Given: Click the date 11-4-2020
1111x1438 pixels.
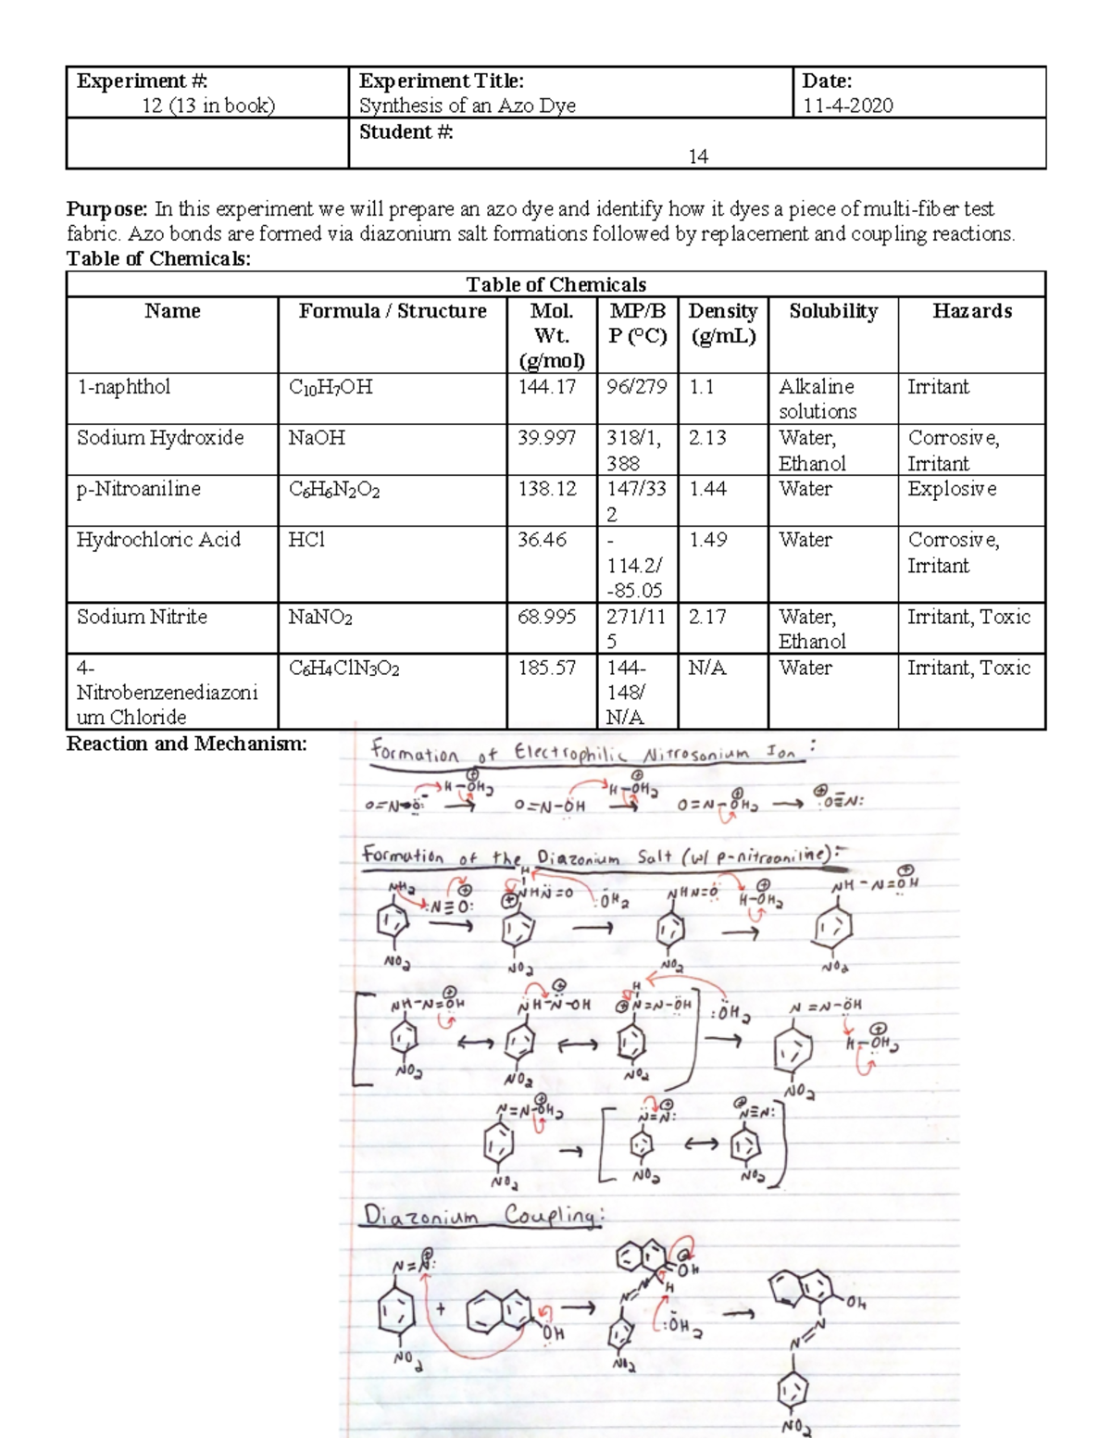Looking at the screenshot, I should [847, 106].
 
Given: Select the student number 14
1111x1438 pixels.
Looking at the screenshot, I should [698, 156].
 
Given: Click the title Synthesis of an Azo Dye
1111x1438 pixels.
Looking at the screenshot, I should [467, 106].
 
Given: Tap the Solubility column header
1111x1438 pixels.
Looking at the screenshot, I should [832, 311].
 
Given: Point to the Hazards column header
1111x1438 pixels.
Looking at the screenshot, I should [971, 311].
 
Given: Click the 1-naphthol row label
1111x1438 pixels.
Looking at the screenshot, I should [123, 387].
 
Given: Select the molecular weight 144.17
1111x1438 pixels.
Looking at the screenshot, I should [546, 387].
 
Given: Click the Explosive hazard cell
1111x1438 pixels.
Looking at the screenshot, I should [952, 489].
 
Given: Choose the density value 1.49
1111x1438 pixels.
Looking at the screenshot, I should [707, 540].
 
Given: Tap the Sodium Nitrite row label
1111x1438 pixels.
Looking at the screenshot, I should [142, 617].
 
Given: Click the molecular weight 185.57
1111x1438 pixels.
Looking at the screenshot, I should [546, 668].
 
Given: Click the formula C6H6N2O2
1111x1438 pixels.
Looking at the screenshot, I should [333, 490].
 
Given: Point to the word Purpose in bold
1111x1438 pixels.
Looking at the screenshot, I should [106, 209].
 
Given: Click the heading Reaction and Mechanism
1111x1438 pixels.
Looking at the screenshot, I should [186, 744].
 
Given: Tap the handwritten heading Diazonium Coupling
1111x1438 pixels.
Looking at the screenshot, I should [481, 1215].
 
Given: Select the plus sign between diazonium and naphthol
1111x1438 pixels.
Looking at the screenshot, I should [441, 1308].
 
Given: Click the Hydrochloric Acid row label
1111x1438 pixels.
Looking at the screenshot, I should [157, 540].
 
